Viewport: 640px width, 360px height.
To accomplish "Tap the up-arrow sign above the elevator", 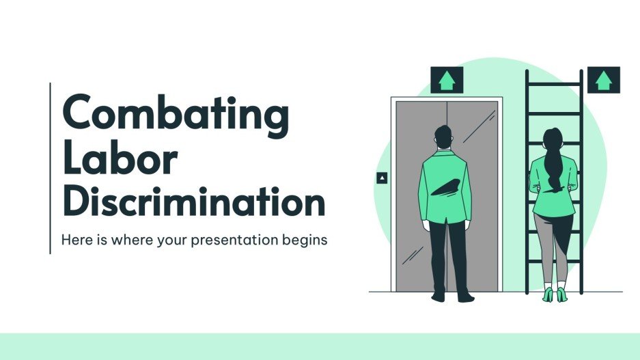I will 446,81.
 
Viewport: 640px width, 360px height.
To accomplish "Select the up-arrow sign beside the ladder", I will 603,80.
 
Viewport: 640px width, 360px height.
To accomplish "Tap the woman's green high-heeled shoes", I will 554,294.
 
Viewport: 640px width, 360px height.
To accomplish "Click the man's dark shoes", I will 451,296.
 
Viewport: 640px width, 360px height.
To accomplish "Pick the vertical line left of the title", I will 51,168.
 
